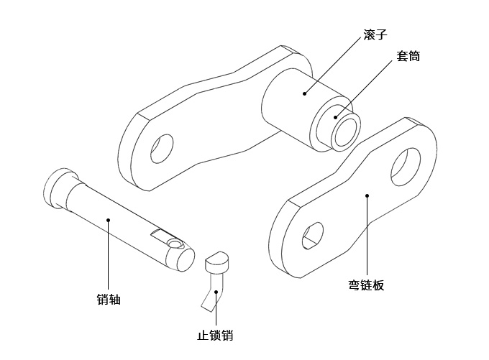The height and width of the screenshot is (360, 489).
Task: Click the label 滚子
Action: point(375,34)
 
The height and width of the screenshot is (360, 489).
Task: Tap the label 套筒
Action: point(407,56)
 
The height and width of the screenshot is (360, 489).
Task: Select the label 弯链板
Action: point(366,286)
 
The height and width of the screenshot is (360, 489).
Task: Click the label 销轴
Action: point(108,300)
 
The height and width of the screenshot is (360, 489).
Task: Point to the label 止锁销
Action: point(215,336)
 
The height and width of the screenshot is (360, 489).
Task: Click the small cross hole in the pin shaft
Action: point(173,244)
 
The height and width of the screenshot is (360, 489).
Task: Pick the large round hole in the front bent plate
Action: point(405,165)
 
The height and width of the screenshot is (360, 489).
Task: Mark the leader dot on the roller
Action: point(304,93)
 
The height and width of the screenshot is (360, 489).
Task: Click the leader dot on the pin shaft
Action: point(108,221)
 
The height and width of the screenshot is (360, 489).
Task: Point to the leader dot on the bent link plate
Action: point(367,195)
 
